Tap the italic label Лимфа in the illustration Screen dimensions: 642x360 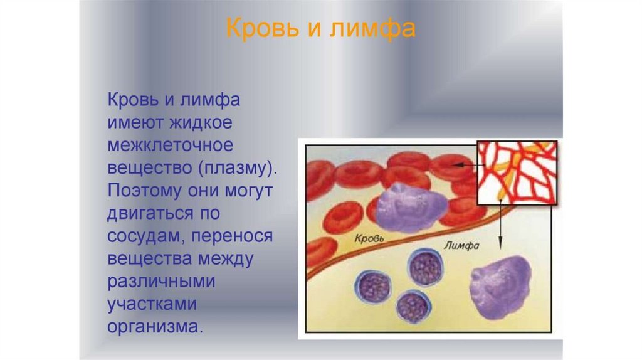click(x=461, y=246)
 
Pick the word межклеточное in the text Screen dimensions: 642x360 click(x=171, y=145)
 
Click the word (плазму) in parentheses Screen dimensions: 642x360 click(x=238, y=168)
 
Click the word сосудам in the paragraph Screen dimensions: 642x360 click(x=147, y=236)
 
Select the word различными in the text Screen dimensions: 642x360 click(x=161, y=282)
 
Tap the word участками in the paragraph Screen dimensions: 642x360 click(x=152, y=304)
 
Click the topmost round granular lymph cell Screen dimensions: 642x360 click(x=426, y=268)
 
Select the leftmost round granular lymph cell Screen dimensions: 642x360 click(x=372, y=287)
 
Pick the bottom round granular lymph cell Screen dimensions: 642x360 click(x=414, y=307)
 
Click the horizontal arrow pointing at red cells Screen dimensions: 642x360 click(x=468, y=165)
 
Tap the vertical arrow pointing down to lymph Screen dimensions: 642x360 click(x=500, y=225)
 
